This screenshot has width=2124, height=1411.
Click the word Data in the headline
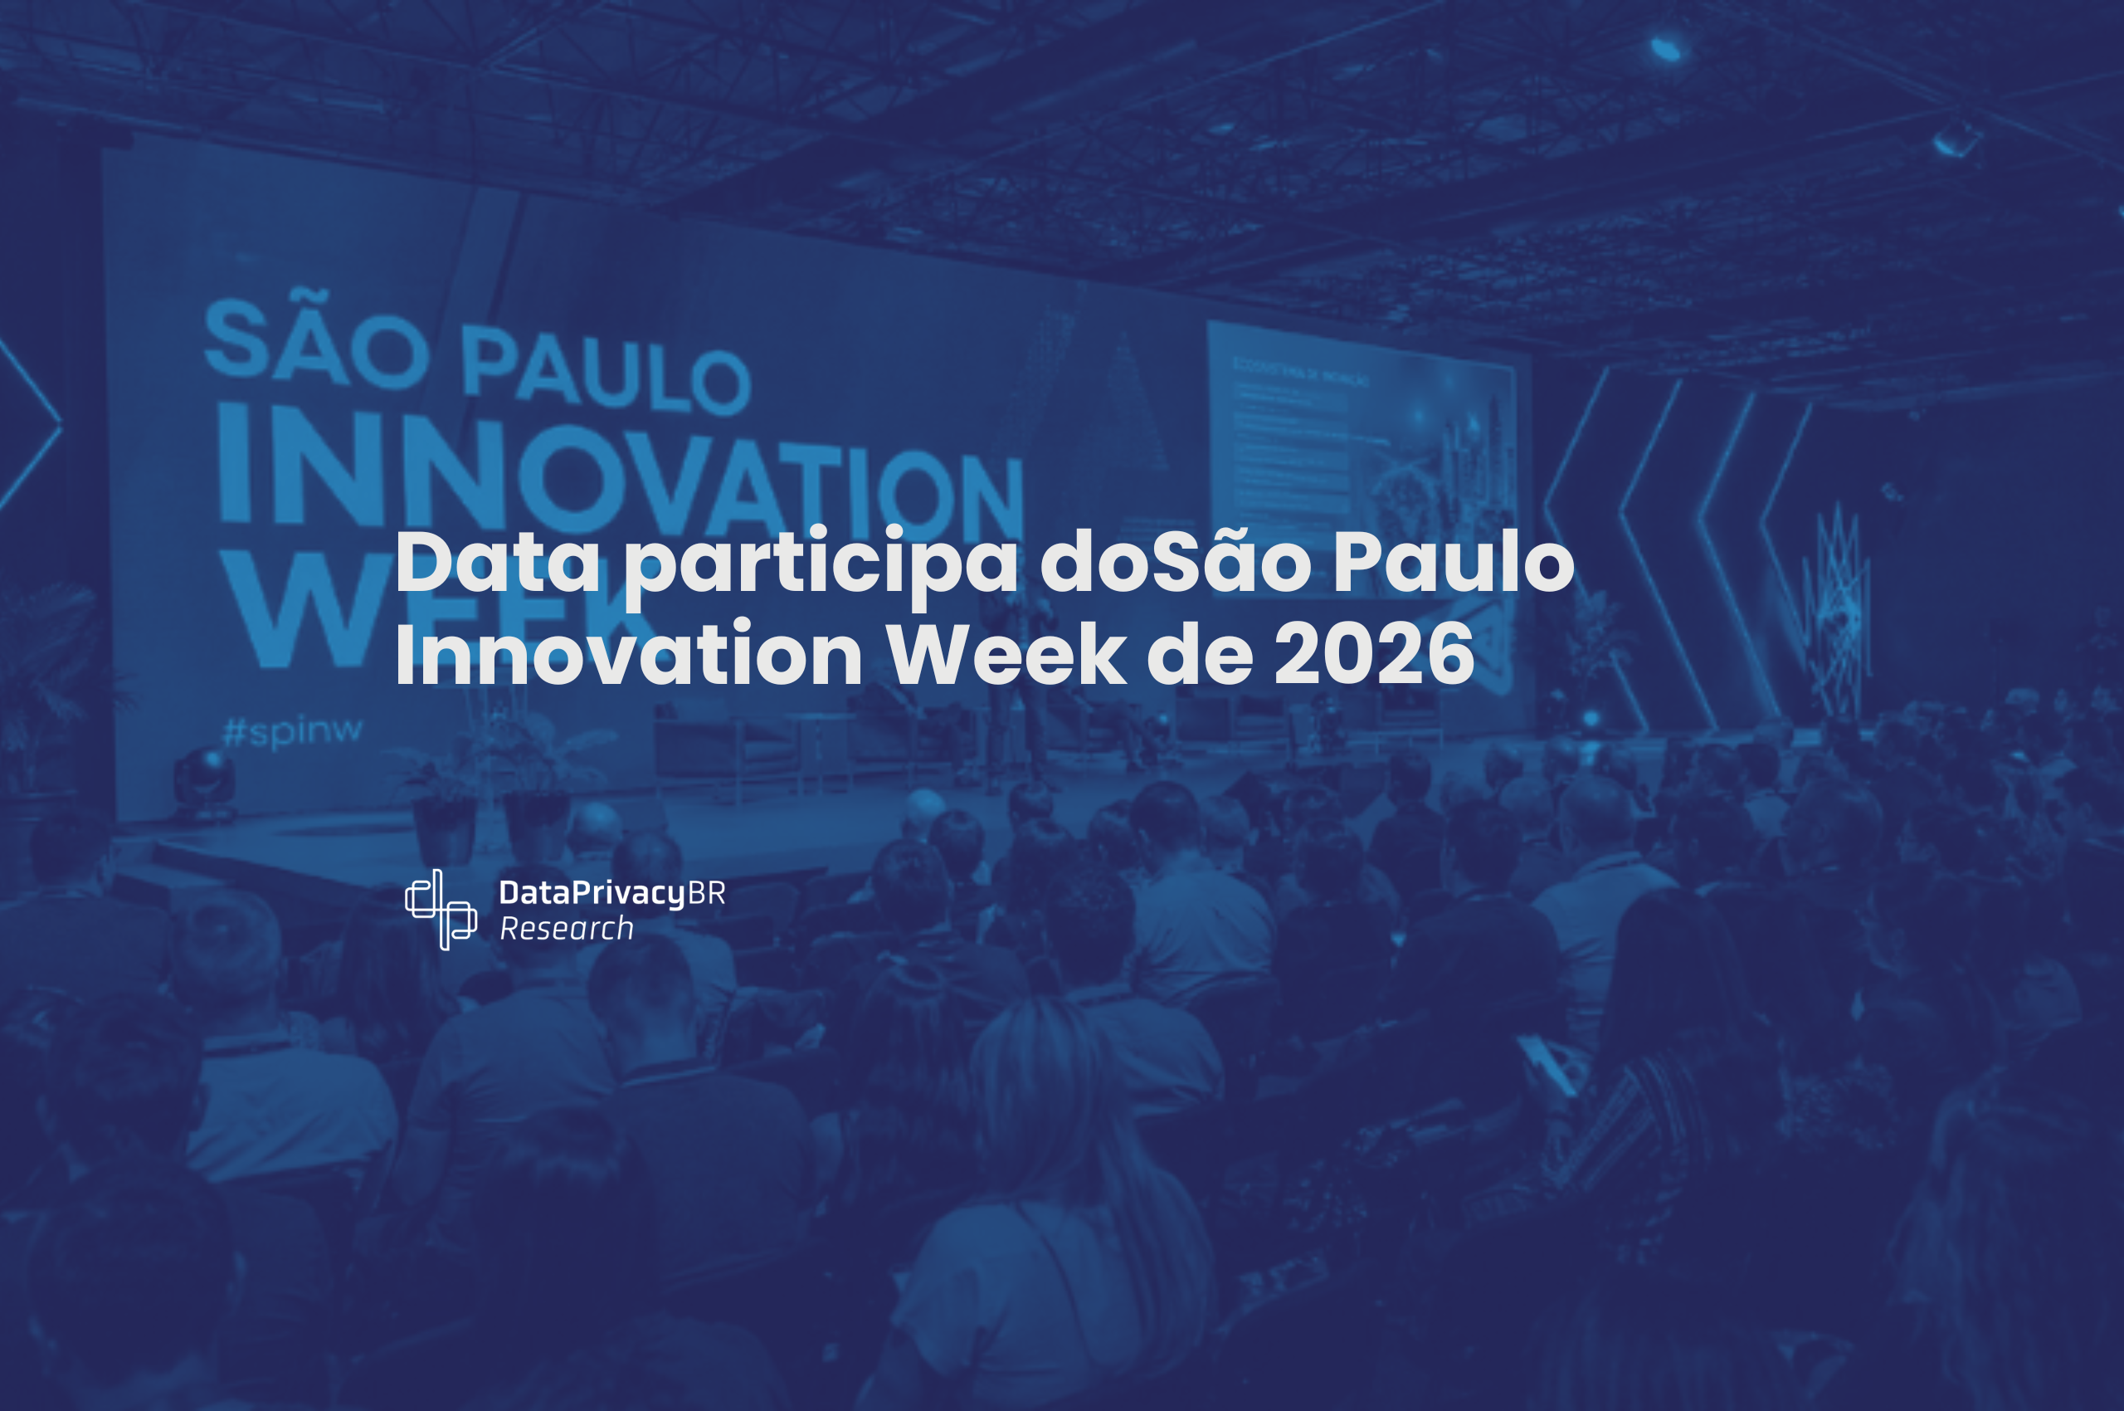click(x=498, y=563)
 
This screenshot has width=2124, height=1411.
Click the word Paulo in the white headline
click(x=1452, y=563)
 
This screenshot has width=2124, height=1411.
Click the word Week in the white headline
click(x=1006, y=654)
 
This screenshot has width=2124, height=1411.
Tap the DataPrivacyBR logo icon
click(x=440, y=909)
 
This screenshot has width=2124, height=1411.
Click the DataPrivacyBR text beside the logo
click(x=611, y=893)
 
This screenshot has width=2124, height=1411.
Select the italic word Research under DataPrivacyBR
click(x=567, y=929)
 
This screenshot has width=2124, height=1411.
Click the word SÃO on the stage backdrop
click(x=315, y=342)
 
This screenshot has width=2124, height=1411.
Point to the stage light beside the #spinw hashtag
click(x=205, y=779)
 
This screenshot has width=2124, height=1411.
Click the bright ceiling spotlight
click(x=1665, y=46)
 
